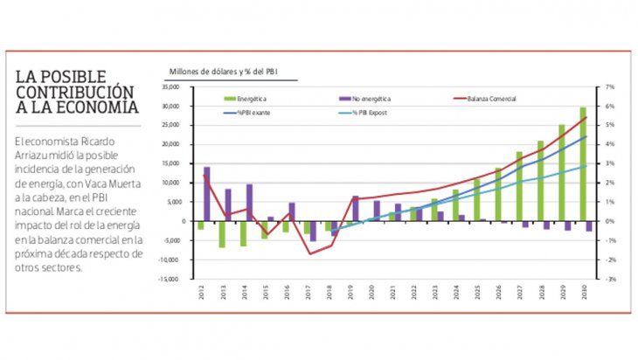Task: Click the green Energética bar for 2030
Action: [x=582, y=163]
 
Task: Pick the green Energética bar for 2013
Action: [x=222, y=233]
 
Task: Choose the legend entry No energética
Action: [x=367, y=100]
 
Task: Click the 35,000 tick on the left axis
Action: [x=170, y=87]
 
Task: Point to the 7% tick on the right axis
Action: [x=610, y=87]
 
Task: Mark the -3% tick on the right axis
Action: [x=610, y=279]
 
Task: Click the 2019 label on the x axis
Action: [x=350, y=295]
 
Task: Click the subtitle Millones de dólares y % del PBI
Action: [x=230, y=70]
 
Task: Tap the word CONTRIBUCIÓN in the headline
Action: [x=73, y=92]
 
